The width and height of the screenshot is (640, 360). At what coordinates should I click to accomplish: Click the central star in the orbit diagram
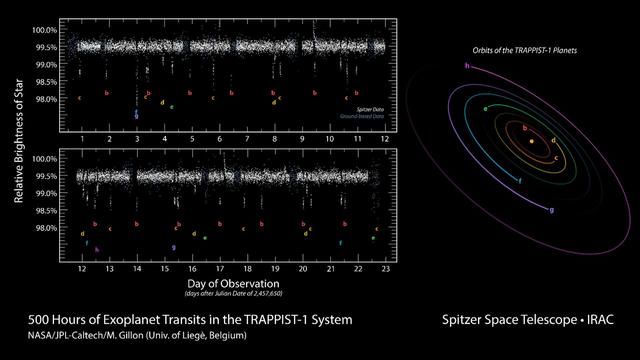coord(531,143)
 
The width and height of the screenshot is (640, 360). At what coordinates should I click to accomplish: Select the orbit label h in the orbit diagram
coord(468,65)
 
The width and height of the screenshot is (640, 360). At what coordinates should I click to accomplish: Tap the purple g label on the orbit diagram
coord(551,210)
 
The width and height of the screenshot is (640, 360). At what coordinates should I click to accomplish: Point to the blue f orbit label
coord(521,181)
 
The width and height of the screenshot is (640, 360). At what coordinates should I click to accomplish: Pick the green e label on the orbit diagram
coord(485,107)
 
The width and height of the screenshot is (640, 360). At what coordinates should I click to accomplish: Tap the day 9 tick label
coord(302,138)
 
